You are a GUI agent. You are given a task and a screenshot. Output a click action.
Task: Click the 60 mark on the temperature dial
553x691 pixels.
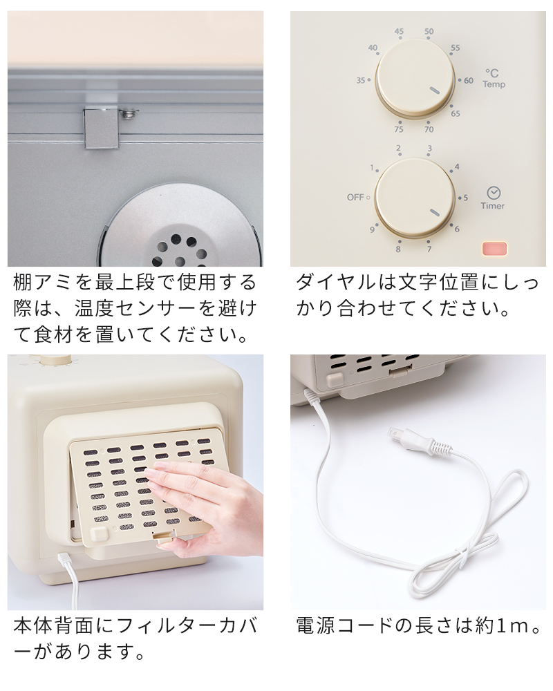coord(469,80)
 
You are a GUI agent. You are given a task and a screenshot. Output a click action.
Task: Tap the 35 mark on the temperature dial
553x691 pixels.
coord(360,80)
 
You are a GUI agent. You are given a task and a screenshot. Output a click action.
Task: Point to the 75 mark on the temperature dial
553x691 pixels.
coord(399,129)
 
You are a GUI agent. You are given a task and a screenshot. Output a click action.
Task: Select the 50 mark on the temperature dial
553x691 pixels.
coord(429,32)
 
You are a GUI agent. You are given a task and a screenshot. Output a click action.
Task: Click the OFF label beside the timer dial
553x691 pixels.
coord(355,197)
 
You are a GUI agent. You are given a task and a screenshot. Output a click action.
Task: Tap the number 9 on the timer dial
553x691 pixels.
coord(373,229)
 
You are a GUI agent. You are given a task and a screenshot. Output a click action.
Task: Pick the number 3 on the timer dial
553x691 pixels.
coord(429,149)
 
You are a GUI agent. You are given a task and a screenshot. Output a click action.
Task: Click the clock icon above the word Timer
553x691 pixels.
coord(493,193)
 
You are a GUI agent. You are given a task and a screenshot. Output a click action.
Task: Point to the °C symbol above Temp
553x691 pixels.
coord(491,73)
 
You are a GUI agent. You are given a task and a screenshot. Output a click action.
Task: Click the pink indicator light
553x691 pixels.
coord(494,249)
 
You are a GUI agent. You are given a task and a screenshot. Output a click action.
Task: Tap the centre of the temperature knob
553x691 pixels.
coord(415,78)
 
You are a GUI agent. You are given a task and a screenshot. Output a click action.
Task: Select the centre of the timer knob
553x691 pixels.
coord(415,198)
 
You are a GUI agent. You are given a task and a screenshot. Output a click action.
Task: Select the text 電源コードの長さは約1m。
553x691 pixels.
coord(418,626)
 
